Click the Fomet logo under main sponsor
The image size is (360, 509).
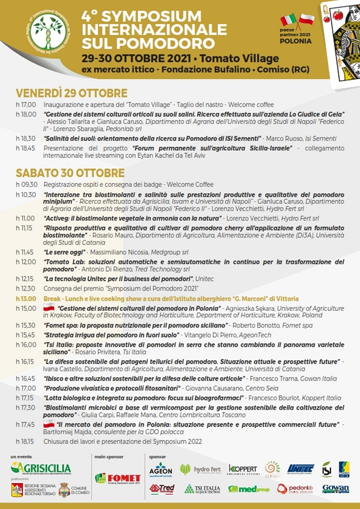coord(118,478)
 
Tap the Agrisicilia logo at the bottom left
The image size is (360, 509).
coord(41,468)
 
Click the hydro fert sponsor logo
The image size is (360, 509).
coord(200,469)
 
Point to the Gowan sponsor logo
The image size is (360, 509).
coord(336,488)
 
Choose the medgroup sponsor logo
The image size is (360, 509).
coord(249,489)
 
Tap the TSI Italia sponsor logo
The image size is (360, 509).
coord(202,489)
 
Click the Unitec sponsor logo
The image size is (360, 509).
coord(301,469)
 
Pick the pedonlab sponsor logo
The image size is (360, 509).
coord(295,489)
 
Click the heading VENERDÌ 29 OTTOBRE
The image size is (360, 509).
coord(72,93)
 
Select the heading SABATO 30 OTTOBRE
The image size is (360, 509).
coord(70,173)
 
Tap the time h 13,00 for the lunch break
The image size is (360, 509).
coord(26,299)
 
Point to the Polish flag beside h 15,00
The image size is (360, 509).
coord(49,307)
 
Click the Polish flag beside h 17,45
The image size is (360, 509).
coord(49,424)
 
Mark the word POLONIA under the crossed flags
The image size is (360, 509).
coord(296,41)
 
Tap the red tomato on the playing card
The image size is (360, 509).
coord(338,16)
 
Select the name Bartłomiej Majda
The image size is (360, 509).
coord(65,432)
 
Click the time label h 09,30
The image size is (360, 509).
coord(26,185)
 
